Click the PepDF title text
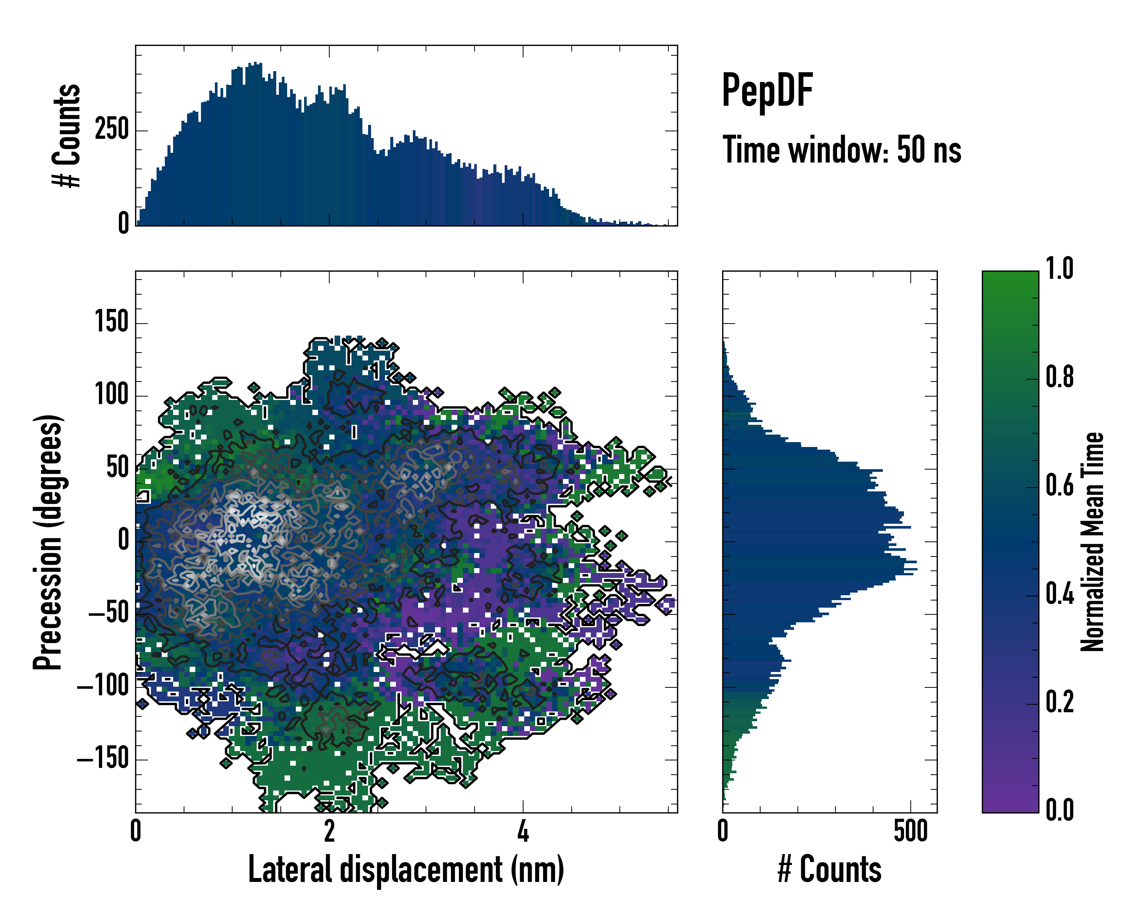click(767, 91)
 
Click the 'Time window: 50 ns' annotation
click(841, 150)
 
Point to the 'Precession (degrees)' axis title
click(48, 542)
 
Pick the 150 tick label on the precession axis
click(111, 321)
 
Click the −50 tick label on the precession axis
click(108, 613)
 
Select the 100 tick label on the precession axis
click(111, 394)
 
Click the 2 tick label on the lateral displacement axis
click(329, 831)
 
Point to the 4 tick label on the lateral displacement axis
click(523, 831)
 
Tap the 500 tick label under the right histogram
click(911, 831)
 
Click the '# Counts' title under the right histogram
click(829, 870)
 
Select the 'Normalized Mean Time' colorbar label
click(1093, 542)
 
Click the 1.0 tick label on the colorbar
click(1059, 269)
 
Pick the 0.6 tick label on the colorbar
click(1059, 486)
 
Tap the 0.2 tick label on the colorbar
click(1059, 702)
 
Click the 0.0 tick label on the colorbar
click(1059, 810)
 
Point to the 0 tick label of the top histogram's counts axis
click(123, 224)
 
